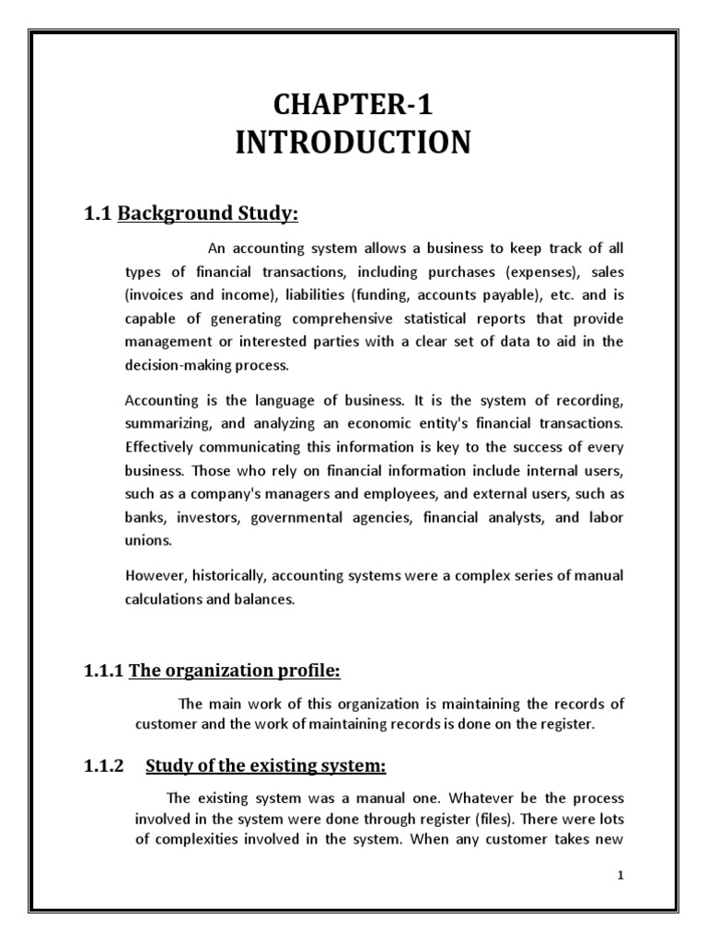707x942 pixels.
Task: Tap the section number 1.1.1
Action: [x=103, y=672]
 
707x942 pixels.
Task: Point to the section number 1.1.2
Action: [x=103, y=765]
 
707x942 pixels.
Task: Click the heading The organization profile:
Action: [x=235, y=672]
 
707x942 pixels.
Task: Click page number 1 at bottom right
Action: [x=620, y=876]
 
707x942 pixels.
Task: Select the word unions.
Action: [x=145, y=541]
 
